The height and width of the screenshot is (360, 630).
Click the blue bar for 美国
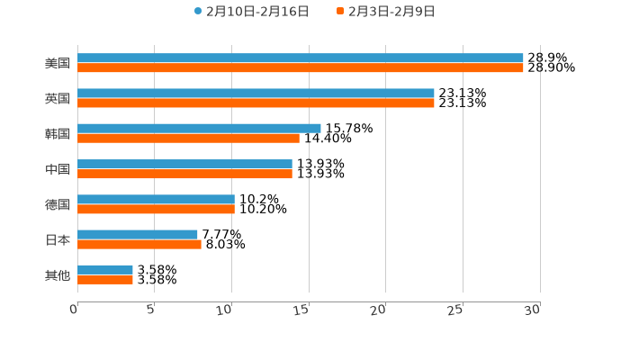[301, 58]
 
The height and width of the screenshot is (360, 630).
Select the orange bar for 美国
[301, 68]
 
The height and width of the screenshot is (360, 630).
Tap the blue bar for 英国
[256, 94]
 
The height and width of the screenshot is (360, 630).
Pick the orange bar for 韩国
[188, 139]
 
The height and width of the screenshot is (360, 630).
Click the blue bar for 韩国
[199, 129]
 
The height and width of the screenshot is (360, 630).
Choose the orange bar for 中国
[184, 174]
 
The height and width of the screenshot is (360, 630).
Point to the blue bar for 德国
[156, 199]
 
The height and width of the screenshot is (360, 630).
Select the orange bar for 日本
[139, 244]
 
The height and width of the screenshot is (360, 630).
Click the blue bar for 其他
[105, 270]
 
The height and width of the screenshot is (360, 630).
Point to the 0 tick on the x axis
[74, 310]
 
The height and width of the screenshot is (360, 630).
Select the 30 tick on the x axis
[533, 310]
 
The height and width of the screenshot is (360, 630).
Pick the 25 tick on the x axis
[455, 310]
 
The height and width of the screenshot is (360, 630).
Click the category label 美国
[58, 64]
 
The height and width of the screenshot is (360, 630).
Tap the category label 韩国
[58, 134]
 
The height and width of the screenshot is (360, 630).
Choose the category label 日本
[58, 239]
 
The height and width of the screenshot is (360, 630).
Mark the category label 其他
[58, 274]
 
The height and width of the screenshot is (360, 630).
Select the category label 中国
[58, 169]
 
